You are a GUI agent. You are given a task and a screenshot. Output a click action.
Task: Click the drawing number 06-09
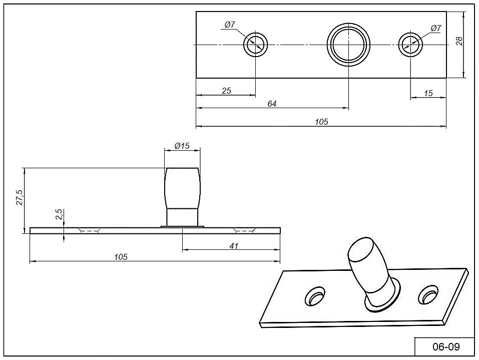pos(445,346)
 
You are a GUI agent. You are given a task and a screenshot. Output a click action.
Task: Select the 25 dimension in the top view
pos(226,91)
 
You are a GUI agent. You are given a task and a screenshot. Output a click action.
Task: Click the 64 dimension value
pos(272,104)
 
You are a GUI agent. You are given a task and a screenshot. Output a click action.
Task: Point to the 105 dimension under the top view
pos(321,122)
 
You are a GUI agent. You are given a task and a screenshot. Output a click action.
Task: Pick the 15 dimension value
pos(428,94)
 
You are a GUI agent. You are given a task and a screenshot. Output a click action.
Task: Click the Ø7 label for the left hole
pos(230,25)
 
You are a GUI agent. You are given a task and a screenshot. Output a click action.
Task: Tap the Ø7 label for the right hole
pos(435,29)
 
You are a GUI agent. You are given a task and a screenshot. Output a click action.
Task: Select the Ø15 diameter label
pos(182,146)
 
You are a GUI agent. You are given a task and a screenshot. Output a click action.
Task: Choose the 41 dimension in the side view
pos(234,246)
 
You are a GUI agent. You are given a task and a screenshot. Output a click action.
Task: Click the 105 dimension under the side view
pos(121,257)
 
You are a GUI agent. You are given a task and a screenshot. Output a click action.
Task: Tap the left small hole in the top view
pos(256,45)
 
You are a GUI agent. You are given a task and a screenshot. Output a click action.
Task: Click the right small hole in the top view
pos(411,45)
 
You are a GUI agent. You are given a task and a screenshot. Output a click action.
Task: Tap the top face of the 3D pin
pos(360,250)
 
